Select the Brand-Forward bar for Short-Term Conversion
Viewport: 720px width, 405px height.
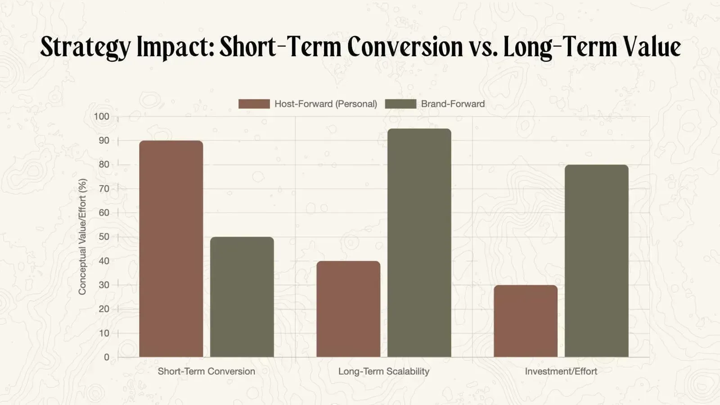[x=242, y=297]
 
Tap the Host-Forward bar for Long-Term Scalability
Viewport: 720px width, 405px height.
[x=348, y=309]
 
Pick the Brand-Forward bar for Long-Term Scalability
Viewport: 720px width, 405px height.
[x=419, y=243]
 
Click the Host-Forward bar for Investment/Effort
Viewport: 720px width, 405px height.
[x=526, y=321]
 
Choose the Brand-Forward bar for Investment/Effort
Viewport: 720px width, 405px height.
[x=597, y=261]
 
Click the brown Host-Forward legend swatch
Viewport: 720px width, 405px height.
[x=254, y=104]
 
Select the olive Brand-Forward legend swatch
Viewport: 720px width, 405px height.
[x=400, y=104]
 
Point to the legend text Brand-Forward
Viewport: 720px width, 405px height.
[x=453, y=104]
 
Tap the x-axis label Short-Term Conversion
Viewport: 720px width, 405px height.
[x=206, y=371]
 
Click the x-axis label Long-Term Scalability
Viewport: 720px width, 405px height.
[x=384, y=371]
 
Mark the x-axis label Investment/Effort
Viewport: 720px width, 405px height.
[x=561, y=371]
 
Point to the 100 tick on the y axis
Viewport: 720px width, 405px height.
[x=101, y=117]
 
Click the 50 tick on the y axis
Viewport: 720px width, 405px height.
[x=104, y=237]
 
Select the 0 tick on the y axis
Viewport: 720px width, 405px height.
[x=107, y=357]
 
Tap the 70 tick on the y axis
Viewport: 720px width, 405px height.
[x=104, y=189]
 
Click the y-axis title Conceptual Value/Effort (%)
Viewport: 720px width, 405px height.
[x=82, y=237]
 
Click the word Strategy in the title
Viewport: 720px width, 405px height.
[x=85, y=47]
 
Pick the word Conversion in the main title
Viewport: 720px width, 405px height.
[x=405, y=46]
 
